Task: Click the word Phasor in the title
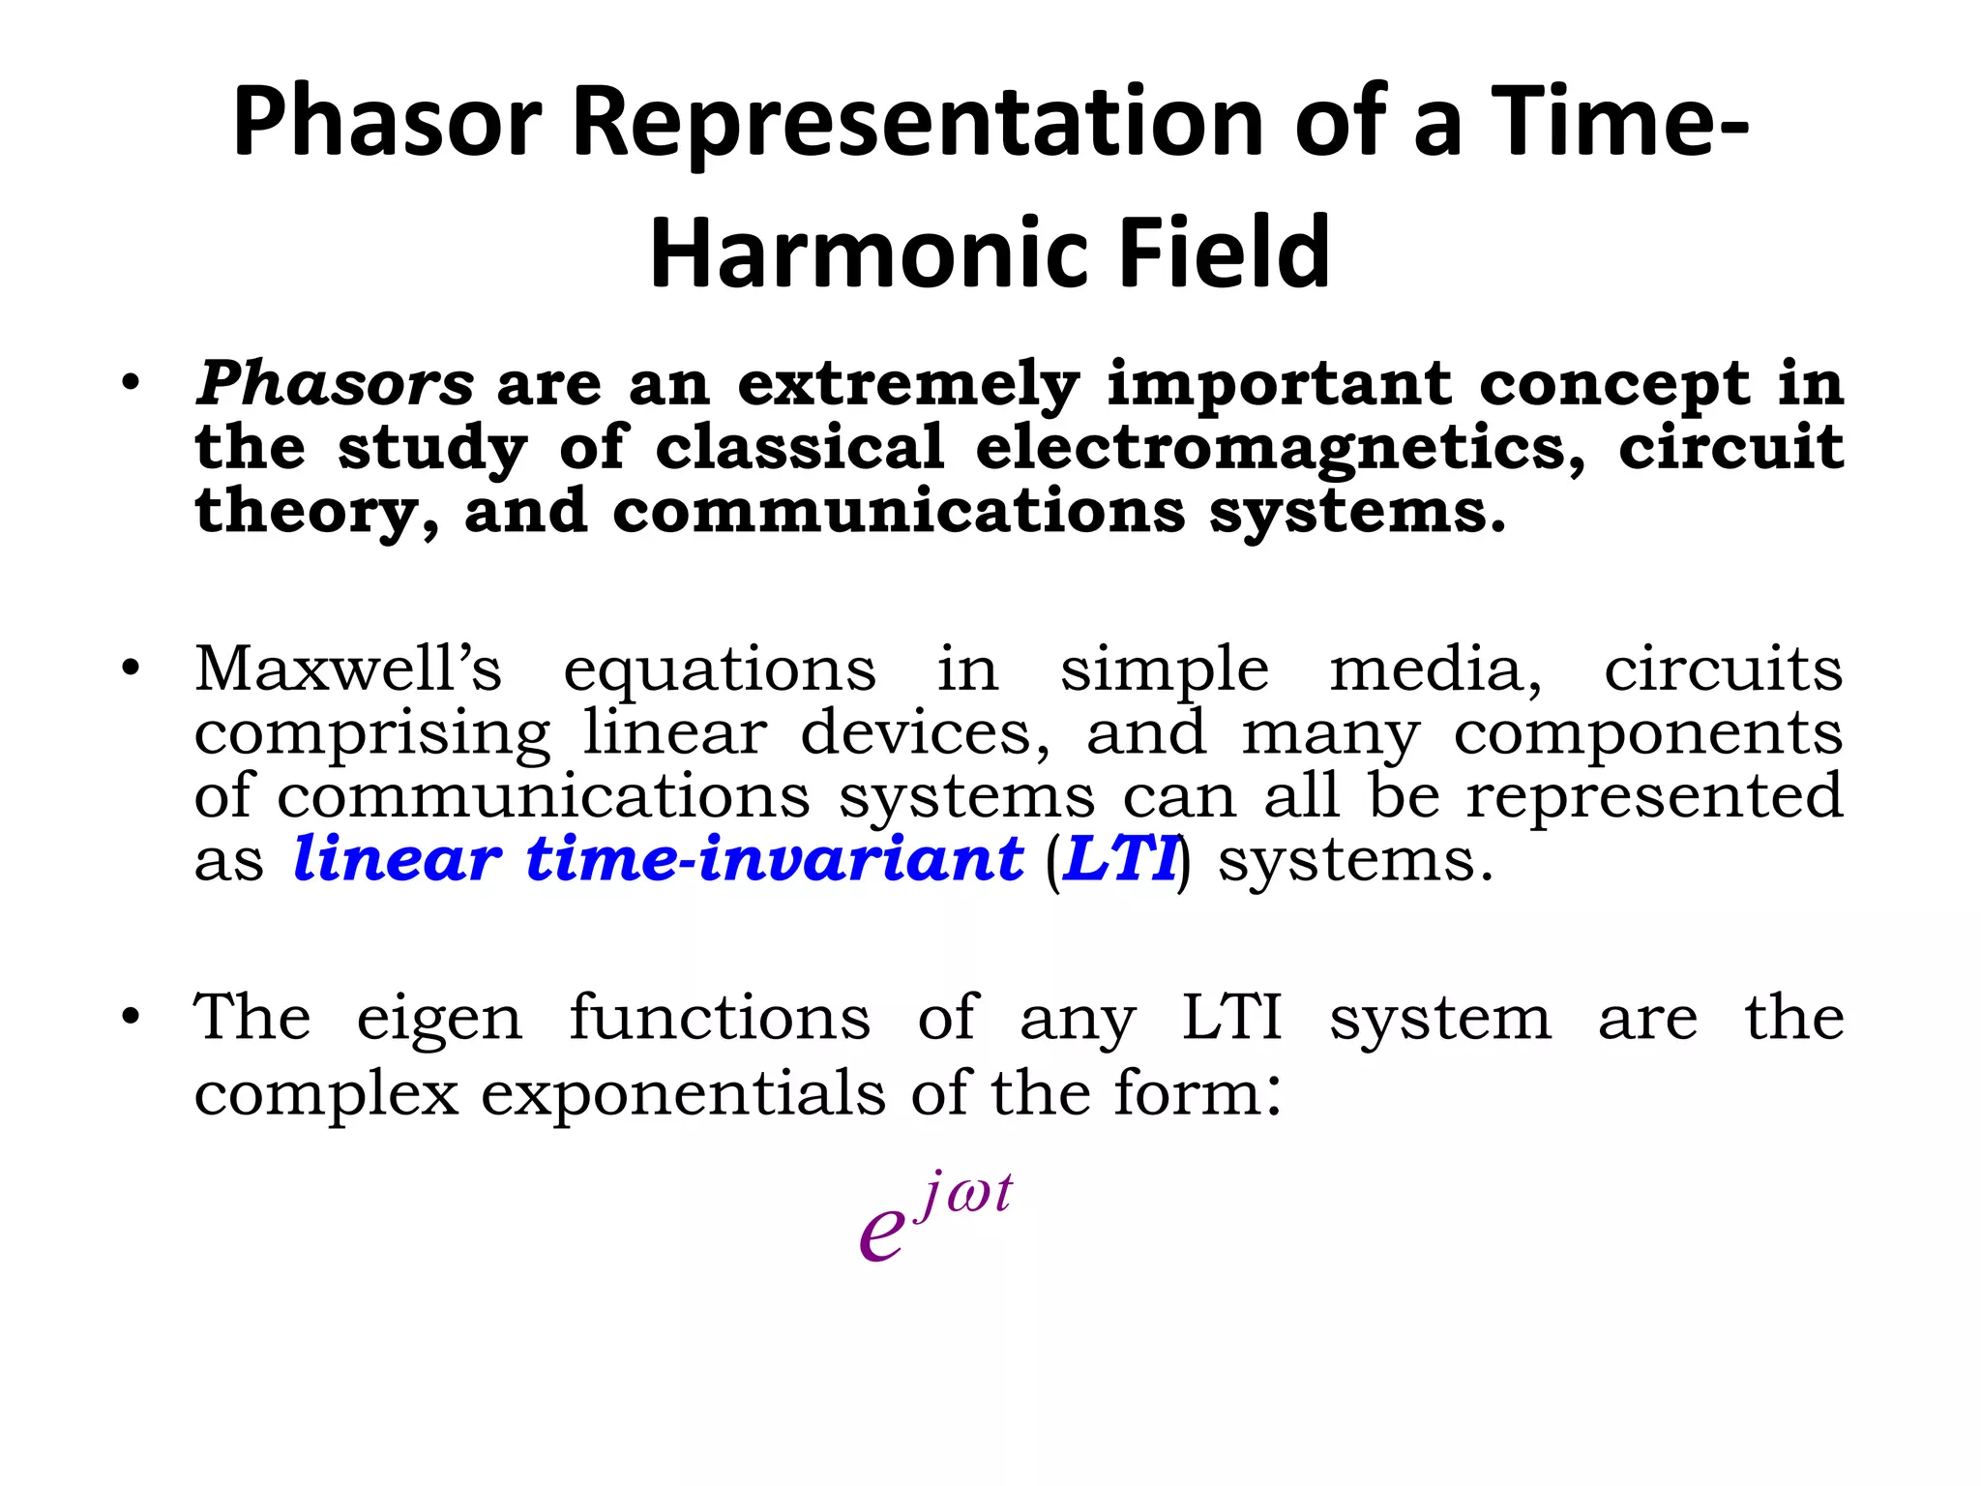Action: click(387, 122)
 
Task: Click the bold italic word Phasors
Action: click(335, 384)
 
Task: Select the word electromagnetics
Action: click(1281, 449)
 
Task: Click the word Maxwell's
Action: click(348, 669)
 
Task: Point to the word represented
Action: click(1654, 797)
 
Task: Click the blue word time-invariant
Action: click(774, 859)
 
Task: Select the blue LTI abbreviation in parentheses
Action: click(1120, 860)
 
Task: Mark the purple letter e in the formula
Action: click(881, 1233)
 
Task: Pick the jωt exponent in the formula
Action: click(964, 1194)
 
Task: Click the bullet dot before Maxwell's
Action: click(132, 669)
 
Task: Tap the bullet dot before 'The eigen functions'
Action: click(132, 1018)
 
